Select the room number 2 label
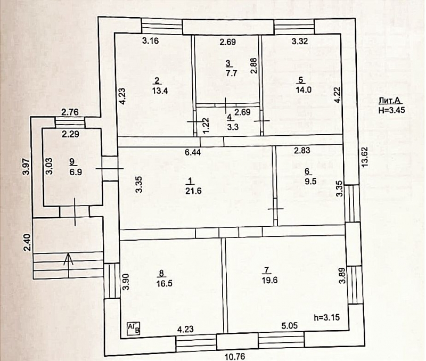tap(157, 80)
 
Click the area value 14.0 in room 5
tap(301, 89)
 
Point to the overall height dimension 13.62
tap(364, 157)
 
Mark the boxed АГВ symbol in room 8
tap(134, 328)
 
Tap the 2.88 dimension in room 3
tap(254, 65)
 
